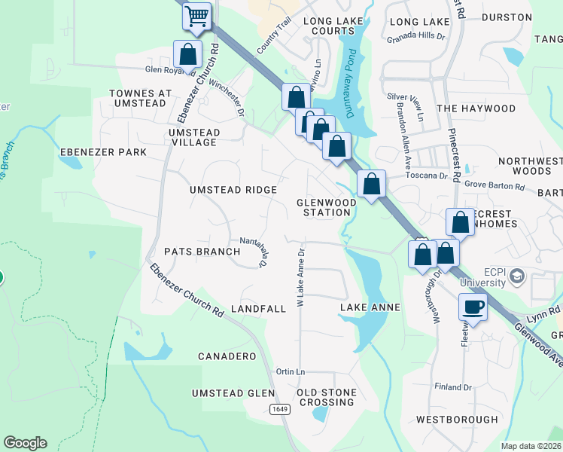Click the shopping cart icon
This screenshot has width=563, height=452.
[x=197, y=16]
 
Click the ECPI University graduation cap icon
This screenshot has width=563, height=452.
[x=516, y=277]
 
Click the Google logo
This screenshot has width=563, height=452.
[x=25, y=443]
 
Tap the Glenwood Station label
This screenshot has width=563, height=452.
[x=324, y=207]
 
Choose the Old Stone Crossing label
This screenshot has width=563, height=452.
[x=325, y=397]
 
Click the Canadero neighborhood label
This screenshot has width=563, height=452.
[x=227, y=356]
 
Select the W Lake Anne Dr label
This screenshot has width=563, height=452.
[x=300, y=278]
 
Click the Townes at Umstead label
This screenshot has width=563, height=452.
[x=140, y=98]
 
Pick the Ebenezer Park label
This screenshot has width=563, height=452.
[x=103, y=152]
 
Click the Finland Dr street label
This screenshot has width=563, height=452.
[x=452, y=387]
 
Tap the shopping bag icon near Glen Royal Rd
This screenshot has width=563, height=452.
[x=187, y=55]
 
